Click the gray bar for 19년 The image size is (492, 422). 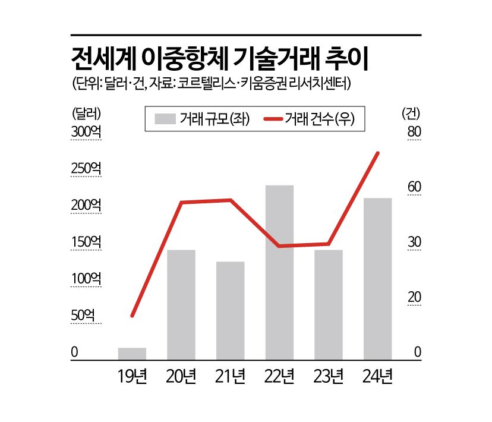tap(132, 353)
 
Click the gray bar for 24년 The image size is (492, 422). tap(377, 278)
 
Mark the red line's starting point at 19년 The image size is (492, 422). tap(133, 315)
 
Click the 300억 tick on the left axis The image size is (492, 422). tap(86, 132)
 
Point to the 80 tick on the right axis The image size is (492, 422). tap(414, 132)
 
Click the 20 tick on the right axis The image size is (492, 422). tap(414, 297)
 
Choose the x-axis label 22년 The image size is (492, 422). tap(279, 376)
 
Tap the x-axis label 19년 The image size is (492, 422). tap(132, 376)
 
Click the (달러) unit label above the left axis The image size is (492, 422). tap(87, 112)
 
